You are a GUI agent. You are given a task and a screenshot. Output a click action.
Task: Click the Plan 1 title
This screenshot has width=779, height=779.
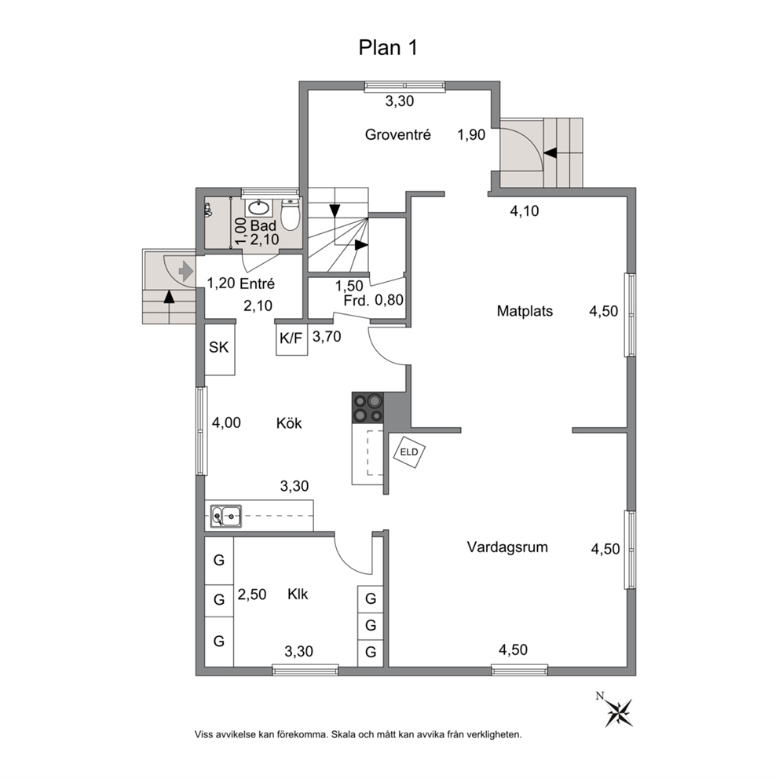click(388, 48)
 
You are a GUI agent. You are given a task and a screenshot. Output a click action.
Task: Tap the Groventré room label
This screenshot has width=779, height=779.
click(397, 134)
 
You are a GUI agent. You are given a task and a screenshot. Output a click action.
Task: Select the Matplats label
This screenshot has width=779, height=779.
click(525, 312)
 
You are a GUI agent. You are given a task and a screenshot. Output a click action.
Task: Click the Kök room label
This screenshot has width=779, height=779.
click(289, 423)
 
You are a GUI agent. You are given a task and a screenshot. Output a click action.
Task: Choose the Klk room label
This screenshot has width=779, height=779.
click(298, 594)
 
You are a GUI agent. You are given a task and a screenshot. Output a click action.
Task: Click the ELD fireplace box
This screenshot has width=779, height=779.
click(409, 452)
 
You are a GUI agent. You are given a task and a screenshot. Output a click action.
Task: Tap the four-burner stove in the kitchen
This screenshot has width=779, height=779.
click(368, 408)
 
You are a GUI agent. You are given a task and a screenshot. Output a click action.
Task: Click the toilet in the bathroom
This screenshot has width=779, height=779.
click(290, 214)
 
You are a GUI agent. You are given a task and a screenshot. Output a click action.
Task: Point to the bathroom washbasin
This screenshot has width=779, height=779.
click(258, 207)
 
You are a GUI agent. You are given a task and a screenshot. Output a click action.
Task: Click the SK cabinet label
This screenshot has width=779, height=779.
click(218, 347)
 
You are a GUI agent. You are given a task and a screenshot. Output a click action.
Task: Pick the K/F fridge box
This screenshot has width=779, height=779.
click(291, 339)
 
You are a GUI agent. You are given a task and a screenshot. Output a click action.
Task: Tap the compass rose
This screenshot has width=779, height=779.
click(619, 711)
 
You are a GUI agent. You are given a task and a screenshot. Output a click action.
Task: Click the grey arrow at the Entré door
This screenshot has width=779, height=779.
click(185, 271)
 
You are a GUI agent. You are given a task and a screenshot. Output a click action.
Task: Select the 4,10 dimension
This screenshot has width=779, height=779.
click(525, 211)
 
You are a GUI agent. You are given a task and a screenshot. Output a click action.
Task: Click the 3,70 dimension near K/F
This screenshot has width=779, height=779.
click(327, 337)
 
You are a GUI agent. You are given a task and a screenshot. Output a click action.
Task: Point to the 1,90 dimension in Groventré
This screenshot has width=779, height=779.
click(471, 134)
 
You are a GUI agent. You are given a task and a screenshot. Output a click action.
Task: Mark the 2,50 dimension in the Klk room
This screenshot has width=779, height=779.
click(252, 594)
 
